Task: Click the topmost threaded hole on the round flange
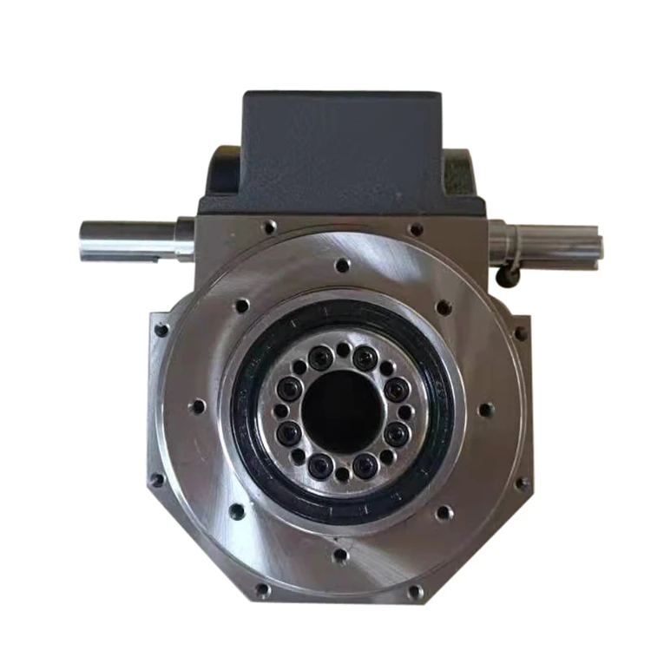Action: click(x=343, y=265)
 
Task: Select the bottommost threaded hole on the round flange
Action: click(x=340, y=554)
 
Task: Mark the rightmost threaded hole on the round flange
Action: click(x=486, y=409)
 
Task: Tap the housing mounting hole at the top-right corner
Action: click(x=416, y=229)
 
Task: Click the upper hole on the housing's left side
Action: click(x=161, y=330)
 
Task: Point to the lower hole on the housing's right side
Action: click(x=522, y=483)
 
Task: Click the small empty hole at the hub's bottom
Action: click(x=342, y=473)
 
